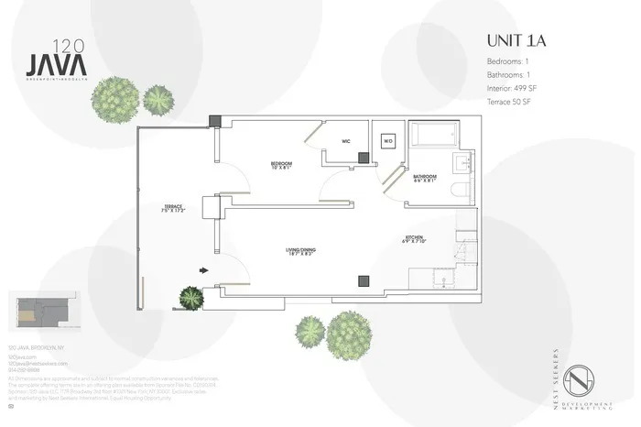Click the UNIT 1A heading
click(x=517, y=41)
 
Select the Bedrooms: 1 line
click(x=506, y=61)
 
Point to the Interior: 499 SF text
click(x=510, y=88)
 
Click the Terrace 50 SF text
click(x=508, y=101)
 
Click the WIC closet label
click(x=346, y=142)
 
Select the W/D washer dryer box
click(x=387, y=142)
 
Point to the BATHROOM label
click(x=424, y=177)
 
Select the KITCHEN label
click(x=415, y=240)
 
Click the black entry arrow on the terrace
click(x=205, y=270)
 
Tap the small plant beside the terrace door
click(x=191, y=297)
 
